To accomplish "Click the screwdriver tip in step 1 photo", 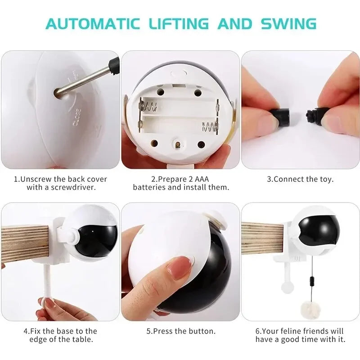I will click(58, 93).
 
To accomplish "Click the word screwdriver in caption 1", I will click(72, 187).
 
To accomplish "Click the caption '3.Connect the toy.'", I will click(300, 179).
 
